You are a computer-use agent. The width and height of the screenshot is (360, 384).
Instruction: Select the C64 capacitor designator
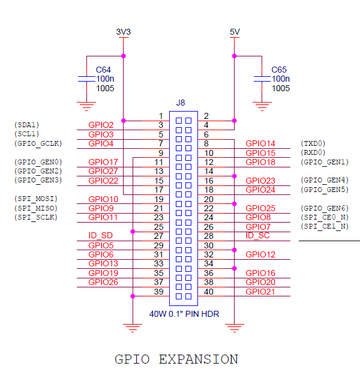(x=103, y=70)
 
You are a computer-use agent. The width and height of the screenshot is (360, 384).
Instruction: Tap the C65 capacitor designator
(x=279, y=70)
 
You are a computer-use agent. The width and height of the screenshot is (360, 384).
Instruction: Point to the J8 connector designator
(x=181, y=103)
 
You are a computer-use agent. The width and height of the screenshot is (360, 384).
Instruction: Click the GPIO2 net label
(x=101, y=125)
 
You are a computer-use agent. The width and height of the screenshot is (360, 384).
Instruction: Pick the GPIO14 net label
(x=260, y=143)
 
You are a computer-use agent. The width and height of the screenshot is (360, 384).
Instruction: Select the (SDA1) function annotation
(x=26, y=125)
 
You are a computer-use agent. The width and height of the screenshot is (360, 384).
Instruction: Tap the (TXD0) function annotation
(x=313, y=143)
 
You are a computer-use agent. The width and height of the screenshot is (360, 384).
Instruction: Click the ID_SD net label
(x=100, y=236)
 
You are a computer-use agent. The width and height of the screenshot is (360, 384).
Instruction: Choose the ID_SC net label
(x=258, y=236)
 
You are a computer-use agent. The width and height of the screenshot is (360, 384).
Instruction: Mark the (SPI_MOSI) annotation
(x=35, y=199)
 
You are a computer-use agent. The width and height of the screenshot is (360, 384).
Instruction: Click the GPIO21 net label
(x=260, y=292)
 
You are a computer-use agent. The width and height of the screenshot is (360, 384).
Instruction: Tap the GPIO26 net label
(x=103, y=282)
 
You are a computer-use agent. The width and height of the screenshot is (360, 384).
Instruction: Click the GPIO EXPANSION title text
(x=176, y=359)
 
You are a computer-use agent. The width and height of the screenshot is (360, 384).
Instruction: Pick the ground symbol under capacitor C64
(x=88, y=107)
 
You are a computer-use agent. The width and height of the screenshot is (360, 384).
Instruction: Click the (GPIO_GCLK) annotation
(x=37, y=143)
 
